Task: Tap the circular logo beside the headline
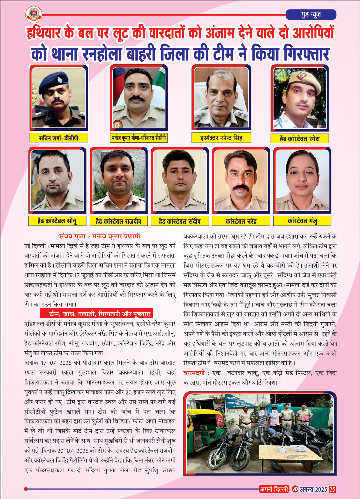33,14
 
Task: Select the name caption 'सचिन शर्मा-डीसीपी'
58,138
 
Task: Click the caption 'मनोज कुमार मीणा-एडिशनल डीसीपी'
139,138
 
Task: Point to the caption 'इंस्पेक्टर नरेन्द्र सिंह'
221,138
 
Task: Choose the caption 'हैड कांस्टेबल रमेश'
299,139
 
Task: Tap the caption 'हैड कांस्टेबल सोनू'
57,221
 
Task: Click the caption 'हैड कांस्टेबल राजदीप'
118,221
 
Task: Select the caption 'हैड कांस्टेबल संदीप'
180,221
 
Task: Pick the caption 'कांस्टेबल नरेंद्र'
241,221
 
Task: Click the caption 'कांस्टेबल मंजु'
302,221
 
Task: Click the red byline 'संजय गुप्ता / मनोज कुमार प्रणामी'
99,236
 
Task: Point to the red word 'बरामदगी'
194,373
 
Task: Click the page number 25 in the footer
332,489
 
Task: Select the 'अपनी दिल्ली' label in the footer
274,489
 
